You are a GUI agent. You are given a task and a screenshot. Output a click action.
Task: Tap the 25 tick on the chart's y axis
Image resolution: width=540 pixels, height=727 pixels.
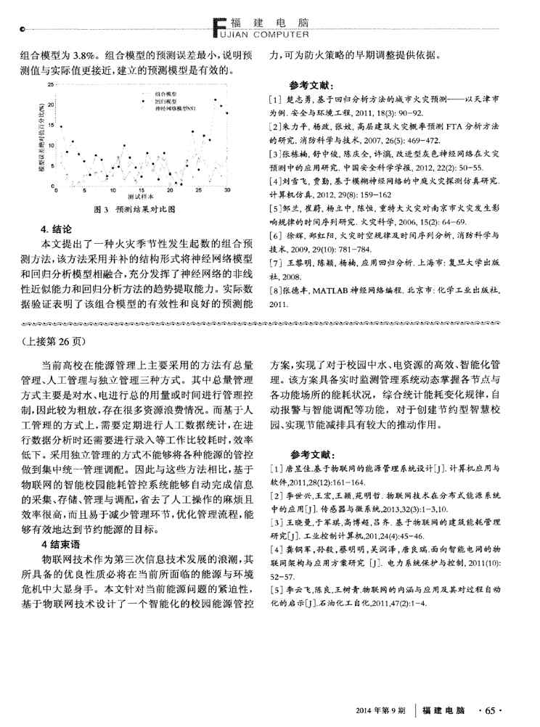tap(51, 86)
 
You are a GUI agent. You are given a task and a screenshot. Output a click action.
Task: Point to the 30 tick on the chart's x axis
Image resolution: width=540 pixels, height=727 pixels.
tap(226, 190)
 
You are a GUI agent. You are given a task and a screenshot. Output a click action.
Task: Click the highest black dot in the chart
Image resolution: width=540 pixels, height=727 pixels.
tap(215, 99)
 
